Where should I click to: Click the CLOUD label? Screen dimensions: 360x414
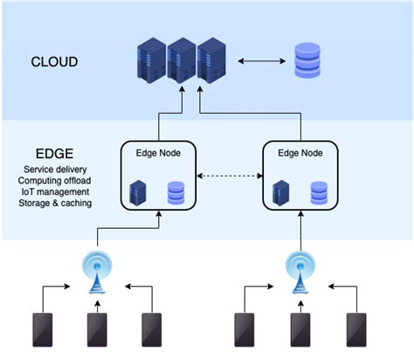55,63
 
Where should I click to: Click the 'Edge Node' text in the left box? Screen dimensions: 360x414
157,152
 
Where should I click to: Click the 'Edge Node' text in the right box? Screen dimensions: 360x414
299,152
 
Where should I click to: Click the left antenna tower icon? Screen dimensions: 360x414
95,270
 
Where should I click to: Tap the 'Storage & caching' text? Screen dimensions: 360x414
55,203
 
